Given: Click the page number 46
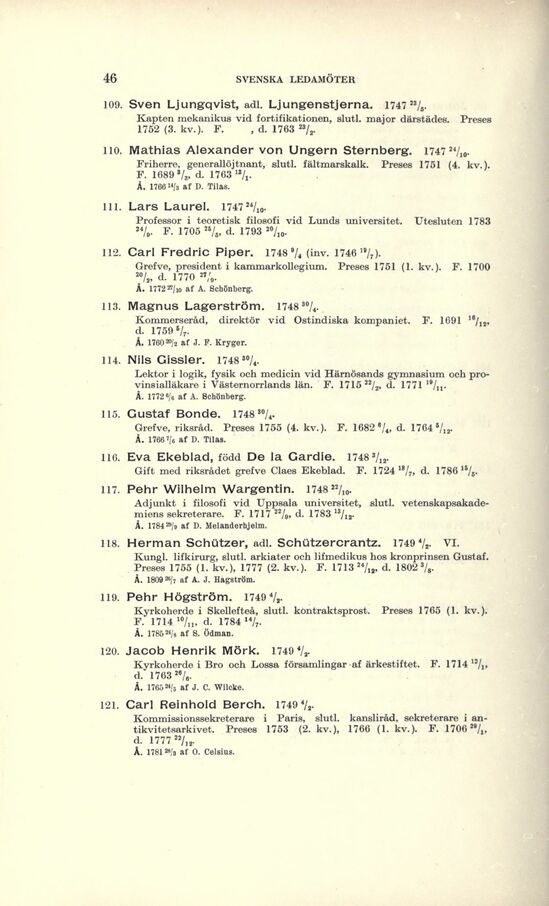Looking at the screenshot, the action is click(x=110, y=78).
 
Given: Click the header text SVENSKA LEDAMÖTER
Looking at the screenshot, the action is click(x=283, y=79).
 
